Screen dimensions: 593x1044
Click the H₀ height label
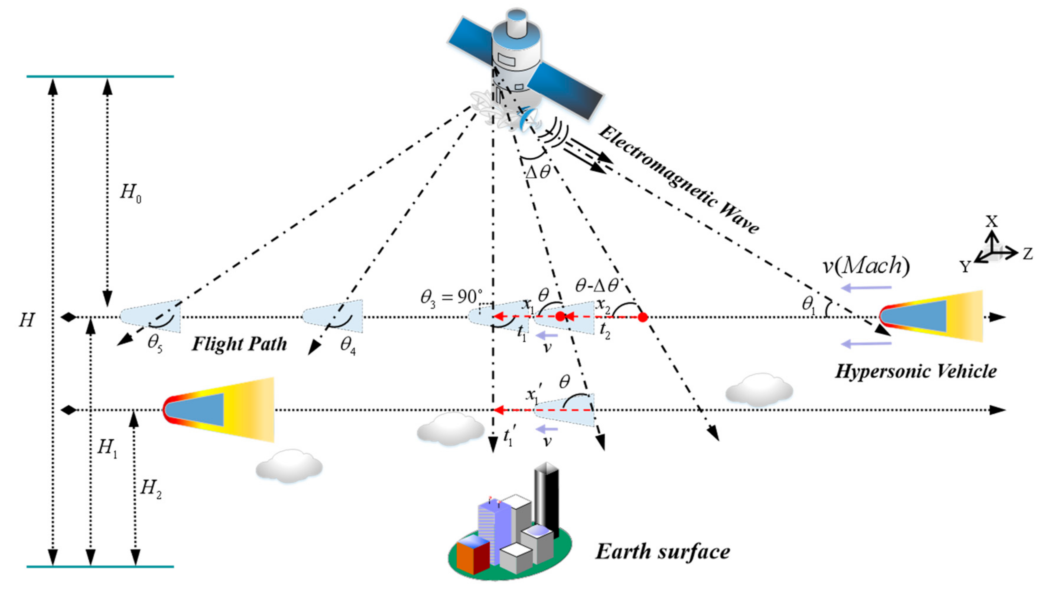coord(130,192)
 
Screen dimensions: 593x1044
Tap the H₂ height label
coord(150,488)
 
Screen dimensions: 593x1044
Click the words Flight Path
coord(239,344)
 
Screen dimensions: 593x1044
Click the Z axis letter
coord(1027,254)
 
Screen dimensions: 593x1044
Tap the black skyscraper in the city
coord(546,501)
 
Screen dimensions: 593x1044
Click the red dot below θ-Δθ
coord(643,317)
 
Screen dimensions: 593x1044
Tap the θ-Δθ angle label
coord(597,286)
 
